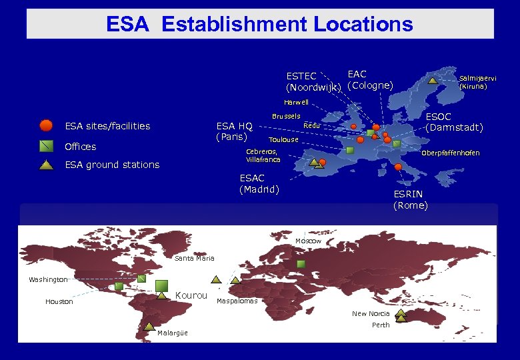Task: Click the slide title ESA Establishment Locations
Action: (x=259, y=25)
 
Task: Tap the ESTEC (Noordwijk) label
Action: (x=313, y=82)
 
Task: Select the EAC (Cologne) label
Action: (x=370, y=80)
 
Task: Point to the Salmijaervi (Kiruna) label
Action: (x=477, y=82)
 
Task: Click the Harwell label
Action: (x=296, y=103)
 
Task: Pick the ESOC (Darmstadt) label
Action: (x=454, y=122)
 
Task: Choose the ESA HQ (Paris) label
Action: (x=234, y=131)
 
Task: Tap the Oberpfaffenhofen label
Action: (x=450, y=153)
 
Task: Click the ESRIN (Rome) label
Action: (x=410, y=199)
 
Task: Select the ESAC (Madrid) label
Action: (x=259, y=183)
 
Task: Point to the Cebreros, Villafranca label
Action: (x=263, y=155)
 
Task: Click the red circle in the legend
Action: (x=46, y=125)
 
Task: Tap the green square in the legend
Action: (x=46, y=146)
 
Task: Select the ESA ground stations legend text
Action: (x=112, y=165)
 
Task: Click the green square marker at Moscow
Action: (x=301, y=264)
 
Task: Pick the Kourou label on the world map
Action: (x=191, y=295)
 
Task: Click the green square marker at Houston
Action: (x=119, y=286)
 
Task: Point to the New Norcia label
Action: (x=371, y=313)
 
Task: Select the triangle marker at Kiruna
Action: (x=433, y=81)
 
